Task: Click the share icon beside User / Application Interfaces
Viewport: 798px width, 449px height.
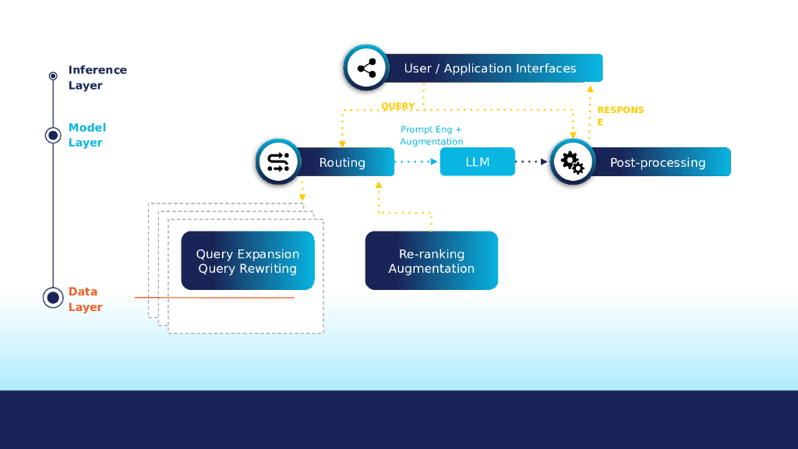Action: (x=366, y=69)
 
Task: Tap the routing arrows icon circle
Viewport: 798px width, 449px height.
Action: (x=278, y=162)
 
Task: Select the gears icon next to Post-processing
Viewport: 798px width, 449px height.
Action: (x=572, y=162)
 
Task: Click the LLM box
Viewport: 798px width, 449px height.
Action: (x=477, y=162)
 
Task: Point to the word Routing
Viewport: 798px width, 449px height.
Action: (x=342, y=163)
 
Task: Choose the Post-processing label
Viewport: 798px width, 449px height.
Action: (x=657, y=163)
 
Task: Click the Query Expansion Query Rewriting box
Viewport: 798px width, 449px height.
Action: (x=248, y=261)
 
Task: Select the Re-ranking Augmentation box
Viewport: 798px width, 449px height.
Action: (x=431, y=261)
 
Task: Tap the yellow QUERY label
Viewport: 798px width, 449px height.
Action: (x=397, y=107)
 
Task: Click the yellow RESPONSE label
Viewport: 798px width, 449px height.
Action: (x=620, y=116)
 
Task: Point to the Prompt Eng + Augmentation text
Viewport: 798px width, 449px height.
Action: (x=432, y=136)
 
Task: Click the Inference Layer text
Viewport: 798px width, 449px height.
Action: (x=97, y=77)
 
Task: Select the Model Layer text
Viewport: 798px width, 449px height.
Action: (x=87, y=135)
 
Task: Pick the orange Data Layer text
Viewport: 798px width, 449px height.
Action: (x=85, y=299)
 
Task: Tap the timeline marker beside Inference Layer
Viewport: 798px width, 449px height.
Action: (x=53, y=76)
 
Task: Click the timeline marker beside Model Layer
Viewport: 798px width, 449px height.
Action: (x=53, y=136)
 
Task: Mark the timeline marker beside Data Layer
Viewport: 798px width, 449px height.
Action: (x=53, y=298)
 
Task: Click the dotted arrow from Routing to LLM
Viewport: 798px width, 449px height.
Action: (x=416, y=162)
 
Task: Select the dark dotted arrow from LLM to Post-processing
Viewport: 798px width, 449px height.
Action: (x=532, y=162)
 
